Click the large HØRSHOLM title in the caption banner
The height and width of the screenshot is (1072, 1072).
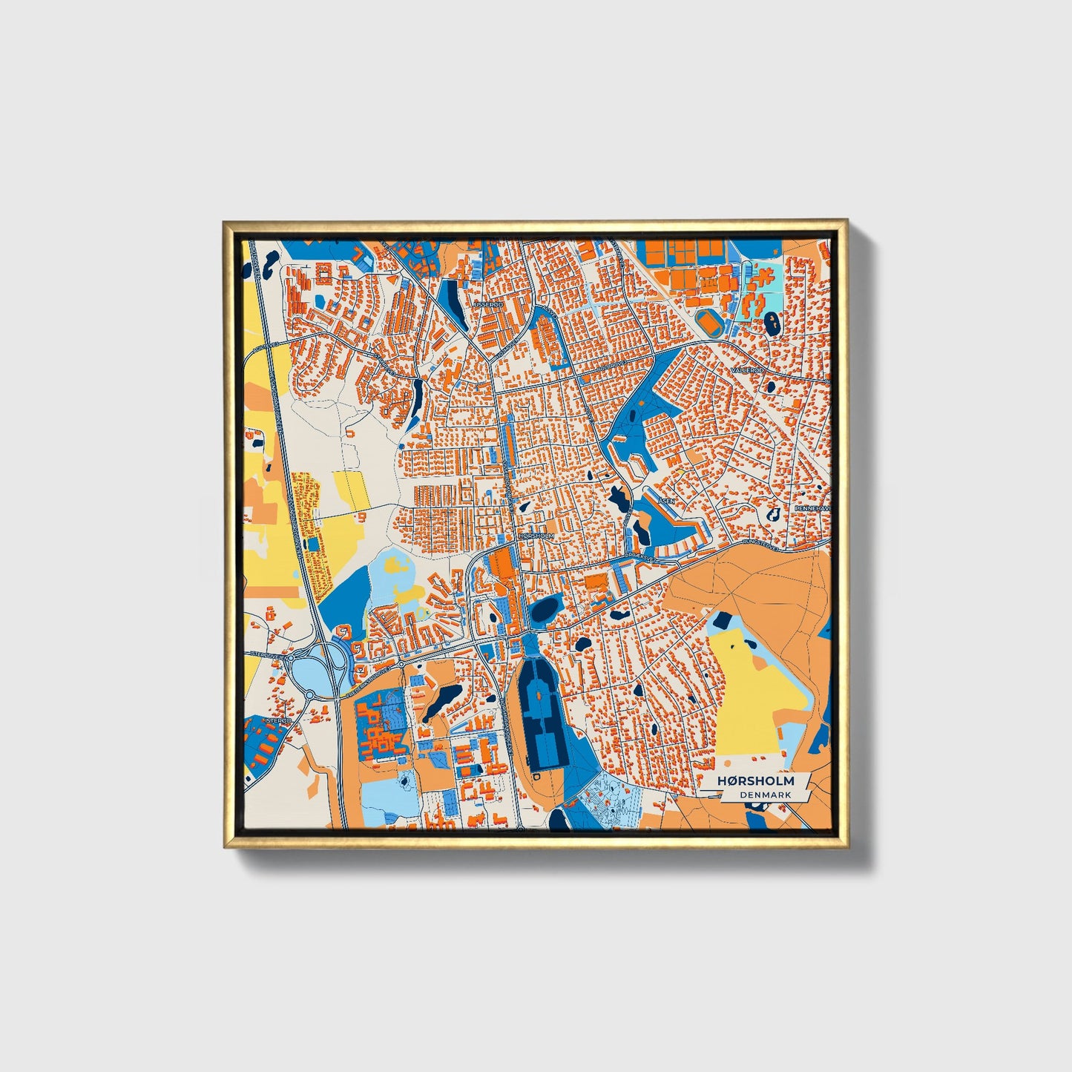coord(754,781)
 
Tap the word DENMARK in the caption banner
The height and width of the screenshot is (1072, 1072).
coord(765,795)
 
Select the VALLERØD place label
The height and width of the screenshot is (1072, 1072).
coord(746,369)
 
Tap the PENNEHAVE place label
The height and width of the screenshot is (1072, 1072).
coord(812,508)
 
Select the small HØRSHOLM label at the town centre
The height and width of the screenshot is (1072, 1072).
coord(536,535)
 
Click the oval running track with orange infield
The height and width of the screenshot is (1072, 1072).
coord(712,322)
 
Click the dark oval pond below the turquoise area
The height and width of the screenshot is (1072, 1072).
coord(772,322)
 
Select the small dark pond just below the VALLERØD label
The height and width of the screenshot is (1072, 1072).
coord(770,387)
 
